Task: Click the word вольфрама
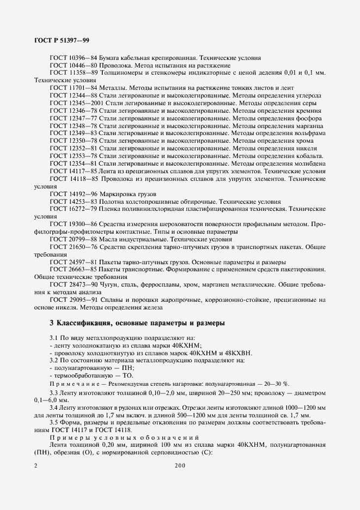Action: click(x=310, y=133)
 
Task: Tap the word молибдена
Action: click(x=309, y=163)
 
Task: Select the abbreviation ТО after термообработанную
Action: click(x=127, y=376)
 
